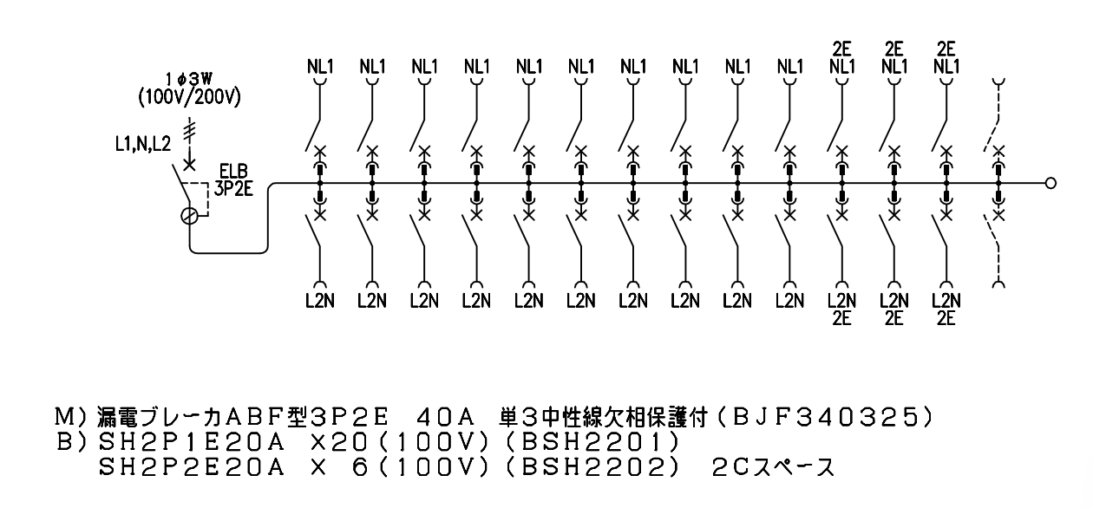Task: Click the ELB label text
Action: (x=233, y=171)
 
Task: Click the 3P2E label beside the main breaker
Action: (x=233, y=189)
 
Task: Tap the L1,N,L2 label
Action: (x=143, y=144)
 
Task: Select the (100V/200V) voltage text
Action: (x=189, y=98)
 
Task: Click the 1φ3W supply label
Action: (x=189, y=79)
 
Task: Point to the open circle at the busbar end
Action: (x=1051, y=183)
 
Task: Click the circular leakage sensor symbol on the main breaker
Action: (x=189, y=216)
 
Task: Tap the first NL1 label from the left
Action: (x=320, y=66)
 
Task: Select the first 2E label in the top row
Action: (x=841, y=49)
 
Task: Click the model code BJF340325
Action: (x=826, y=418)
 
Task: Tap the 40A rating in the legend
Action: (x=445, y=418)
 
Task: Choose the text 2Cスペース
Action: (x=774, y=468)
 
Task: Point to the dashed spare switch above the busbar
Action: (x=996, y=117)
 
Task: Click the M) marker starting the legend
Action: (x=72, y=418)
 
